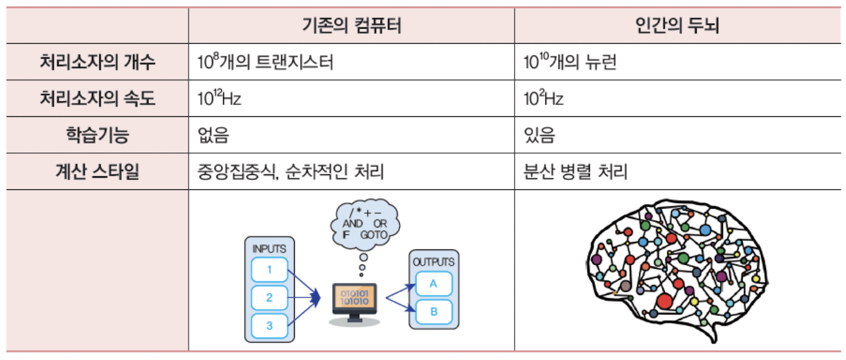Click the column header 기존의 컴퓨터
(x=351, y=26)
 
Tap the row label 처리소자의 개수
(x=97, y=62)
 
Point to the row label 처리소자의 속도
(x=97, y=99)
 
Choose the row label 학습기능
(x=97, y=135)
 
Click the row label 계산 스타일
(x=97, y=171)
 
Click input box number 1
(x=269, y=270)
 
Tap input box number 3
(x=269, y=325)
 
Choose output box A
(x=434, y=284)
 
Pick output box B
(x=434, y=311)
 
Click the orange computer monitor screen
(x=354, y=297)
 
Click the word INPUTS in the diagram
(x=269, y=249)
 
